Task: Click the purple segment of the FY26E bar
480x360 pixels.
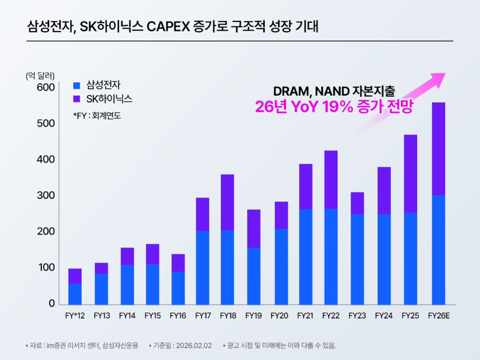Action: (x=439, y=148)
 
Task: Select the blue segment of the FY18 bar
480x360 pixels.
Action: (x=227, y=267)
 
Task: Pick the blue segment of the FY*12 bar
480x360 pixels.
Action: (x=75, y=294)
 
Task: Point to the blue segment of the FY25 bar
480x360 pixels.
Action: (x=411, y=258)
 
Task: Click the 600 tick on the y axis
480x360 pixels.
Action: (x=46, y=88)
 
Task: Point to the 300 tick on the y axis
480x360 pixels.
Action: (x=46, y=196)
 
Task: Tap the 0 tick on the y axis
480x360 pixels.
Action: (x=52, y=304)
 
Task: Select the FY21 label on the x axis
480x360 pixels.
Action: (x=305, y=316)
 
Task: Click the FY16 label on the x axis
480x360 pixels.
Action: (x=178, y=316)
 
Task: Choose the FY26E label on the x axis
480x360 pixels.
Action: (x=439, y=316)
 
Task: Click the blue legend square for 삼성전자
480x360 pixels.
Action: (x=77, y=86)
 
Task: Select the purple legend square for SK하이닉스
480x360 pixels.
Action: (x=77, y=99)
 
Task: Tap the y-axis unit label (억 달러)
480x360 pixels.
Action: (x=40, y=75)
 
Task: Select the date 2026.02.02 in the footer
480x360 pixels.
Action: (x=195, y=346)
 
